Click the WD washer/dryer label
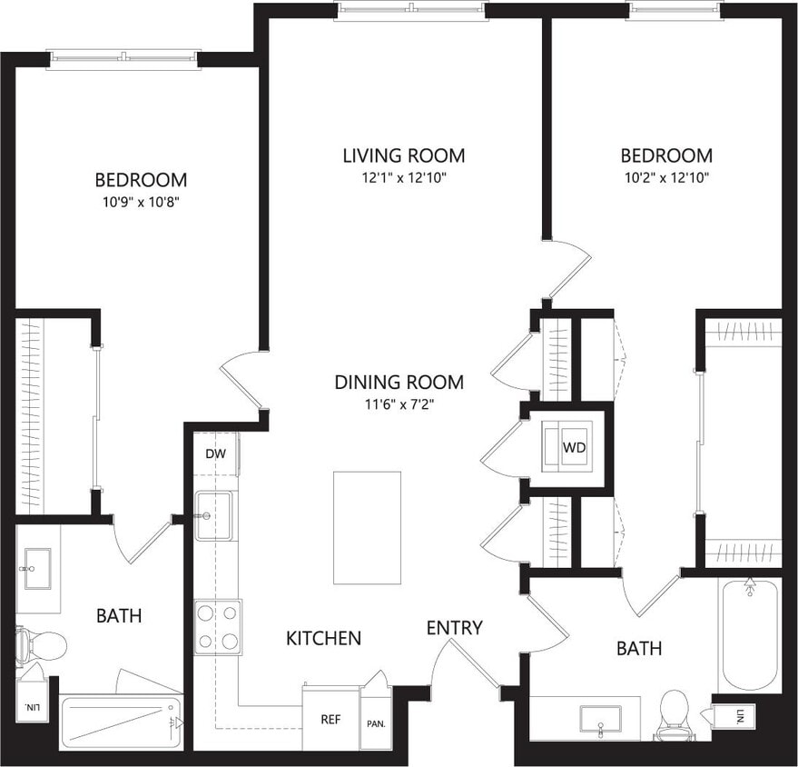(573, 448)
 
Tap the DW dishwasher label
(215, 453)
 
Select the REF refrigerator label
(330, 719)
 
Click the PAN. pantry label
(376, 724)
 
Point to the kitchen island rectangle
(367, 528)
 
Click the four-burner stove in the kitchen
(218, 627)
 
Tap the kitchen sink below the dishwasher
(214, 516)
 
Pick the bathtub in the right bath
(750, 636)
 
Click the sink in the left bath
(37, 568)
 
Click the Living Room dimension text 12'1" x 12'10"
(403, 178)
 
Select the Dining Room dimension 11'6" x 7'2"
(399, 405)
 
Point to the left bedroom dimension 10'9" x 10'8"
(141, 203)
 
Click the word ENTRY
(455, 628)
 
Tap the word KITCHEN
(323, 639)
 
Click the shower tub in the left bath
(122, 722)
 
